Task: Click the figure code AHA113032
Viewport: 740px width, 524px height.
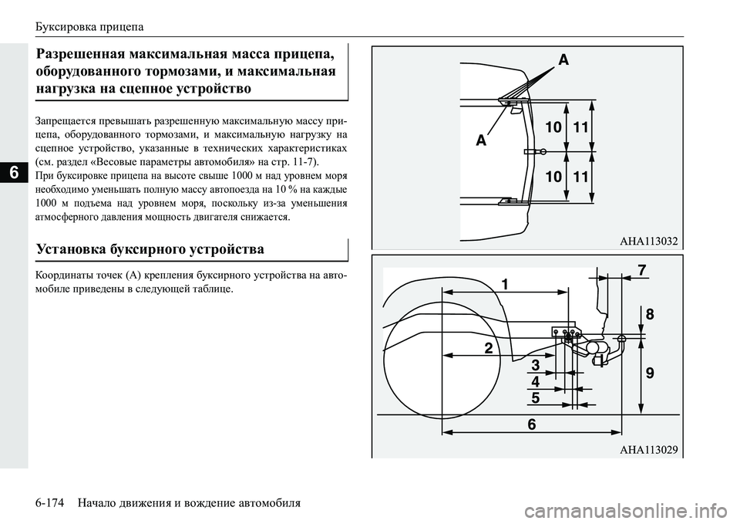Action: click(648, 242)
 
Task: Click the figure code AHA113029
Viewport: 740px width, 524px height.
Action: click(648, 450)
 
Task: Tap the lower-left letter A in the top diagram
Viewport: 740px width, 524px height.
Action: click(481, 141)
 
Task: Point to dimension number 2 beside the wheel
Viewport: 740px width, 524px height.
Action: click(488, 348)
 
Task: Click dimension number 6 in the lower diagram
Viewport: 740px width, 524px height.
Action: click(531, 424)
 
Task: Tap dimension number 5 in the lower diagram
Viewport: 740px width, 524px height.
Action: click(534, 398)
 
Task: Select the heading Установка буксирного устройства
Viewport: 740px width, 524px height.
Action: click(152, 249)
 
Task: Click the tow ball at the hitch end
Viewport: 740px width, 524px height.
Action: click(621, 338)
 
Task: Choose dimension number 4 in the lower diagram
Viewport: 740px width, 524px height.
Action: click(534, 381)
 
